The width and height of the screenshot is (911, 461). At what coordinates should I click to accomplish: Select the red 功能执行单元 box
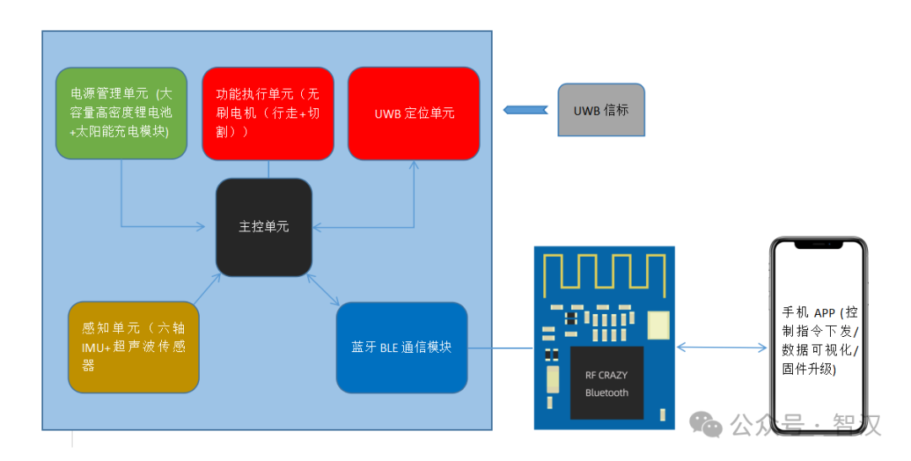click(x=268, y=113)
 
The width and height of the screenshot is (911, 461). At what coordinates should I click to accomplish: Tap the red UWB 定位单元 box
click(x=413, y=113)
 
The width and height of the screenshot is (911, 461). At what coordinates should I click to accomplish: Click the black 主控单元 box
click(x=264, y=226)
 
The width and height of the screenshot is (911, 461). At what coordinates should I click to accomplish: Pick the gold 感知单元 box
click(x=133, y=347)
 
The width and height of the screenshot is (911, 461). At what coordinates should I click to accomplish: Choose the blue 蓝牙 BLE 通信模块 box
click(x=402, y=347)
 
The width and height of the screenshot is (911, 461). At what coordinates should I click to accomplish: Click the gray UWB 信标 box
click(x=601, y=110)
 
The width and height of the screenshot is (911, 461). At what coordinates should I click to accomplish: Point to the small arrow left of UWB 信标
click(x=526, y=110)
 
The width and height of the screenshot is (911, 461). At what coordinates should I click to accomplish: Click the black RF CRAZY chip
click(x=606, y=382)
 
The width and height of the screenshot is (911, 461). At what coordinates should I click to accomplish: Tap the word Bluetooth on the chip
click(x=606, y=393)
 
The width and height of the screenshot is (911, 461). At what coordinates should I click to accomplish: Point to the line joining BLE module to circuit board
click(x=501, y=347)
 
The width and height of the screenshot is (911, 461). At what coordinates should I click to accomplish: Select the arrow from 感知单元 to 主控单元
click(x=206, y=289)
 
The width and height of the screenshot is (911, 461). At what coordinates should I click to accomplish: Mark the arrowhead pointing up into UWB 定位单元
click(x=414, y=165)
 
